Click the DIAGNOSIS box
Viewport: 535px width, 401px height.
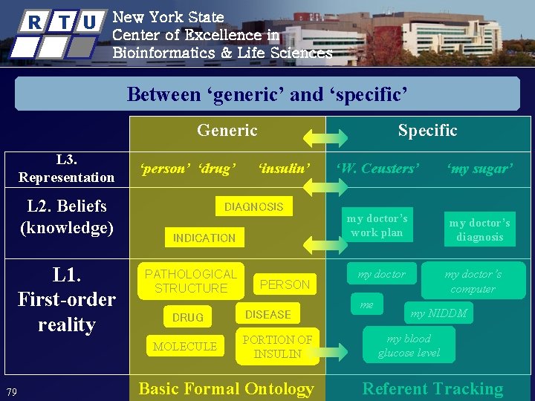[x=254, y=206]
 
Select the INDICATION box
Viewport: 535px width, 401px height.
[x=204, y=238]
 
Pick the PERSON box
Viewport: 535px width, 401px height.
[x=285, y=284]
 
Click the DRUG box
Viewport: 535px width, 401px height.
[x=187, y=317]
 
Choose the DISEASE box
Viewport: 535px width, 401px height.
[x=267, y=314]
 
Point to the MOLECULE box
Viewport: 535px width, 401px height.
[x=185, y=346]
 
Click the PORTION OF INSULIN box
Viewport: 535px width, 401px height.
[x=277, y=347]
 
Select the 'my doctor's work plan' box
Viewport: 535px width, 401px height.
[x=377, y=225]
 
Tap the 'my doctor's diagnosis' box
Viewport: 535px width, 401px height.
[x=479, y=230]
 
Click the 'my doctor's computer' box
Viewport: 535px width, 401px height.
[x=473, y=281]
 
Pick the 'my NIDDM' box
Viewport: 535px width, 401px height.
[x=438, y=313]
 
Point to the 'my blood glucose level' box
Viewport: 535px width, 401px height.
[x=408, y=345]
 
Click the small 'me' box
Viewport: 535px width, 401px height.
[x=367, y=304]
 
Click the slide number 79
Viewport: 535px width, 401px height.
[x=11, y=392]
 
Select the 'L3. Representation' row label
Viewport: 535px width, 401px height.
[x=66, y=169]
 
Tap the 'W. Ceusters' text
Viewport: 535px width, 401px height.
[x=377, y=169]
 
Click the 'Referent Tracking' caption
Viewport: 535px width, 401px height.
[x=432, y=388]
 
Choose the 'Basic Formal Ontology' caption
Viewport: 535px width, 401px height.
[x=226, y=388]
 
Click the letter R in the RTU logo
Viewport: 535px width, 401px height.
[x=34, y=22]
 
